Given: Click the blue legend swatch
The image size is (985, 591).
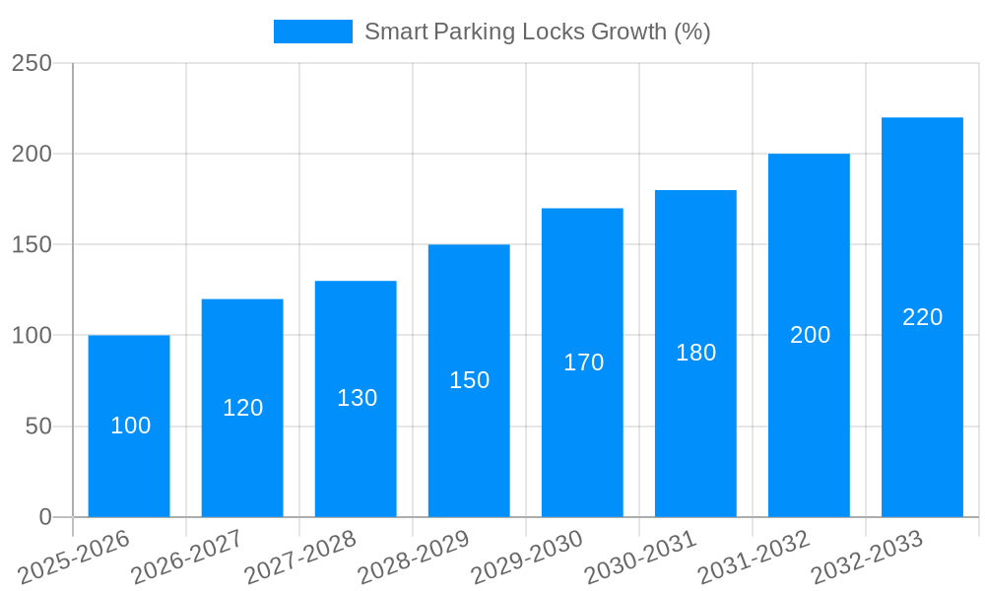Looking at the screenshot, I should point(312,32).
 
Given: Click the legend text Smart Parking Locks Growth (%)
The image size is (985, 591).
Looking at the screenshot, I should point(537,32).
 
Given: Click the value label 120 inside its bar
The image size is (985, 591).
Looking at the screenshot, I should point(242,408).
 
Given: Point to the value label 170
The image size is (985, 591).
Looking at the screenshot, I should point(583,362).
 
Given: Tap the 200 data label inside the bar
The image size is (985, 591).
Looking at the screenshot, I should point(810,335).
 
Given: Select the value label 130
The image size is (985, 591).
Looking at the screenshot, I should point(357,398).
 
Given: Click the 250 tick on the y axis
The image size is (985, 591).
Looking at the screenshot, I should point(32,63).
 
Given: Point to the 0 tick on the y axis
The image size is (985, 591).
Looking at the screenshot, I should point(45,517).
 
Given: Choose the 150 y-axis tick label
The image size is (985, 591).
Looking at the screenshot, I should point(32,244).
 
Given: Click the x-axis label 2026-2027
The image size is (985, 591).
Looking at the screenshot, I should point(187,558).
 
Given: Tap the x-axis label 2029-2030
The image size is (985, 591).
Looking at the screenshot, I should point(527,558).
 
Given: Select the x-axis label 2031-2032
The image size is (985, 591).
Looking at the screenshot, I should point(754,558).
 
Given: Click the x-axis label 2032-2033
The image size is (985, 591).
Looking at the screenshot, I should point(867,558).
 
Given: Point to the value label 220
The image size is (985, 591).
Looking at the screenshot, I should point(923,317).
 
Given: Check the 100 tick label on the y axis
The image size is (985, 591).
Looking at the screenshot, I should point(32,335).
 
